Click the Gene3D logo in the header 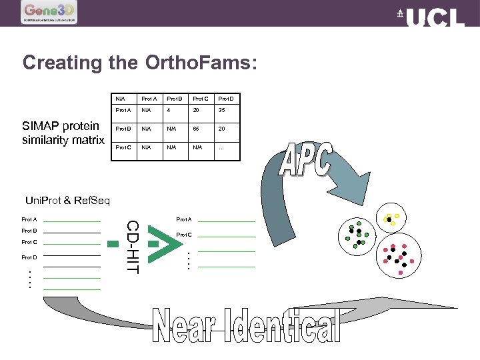(x=49, y=13)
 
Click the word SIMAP (x=41, y=126)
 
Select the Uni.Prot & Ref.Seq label (x=67, y=200)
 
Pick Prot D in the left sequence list (x=29, y=257)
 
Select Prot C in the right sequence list (x=184, y=235)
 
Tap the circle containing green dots (x=359, y=233)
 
